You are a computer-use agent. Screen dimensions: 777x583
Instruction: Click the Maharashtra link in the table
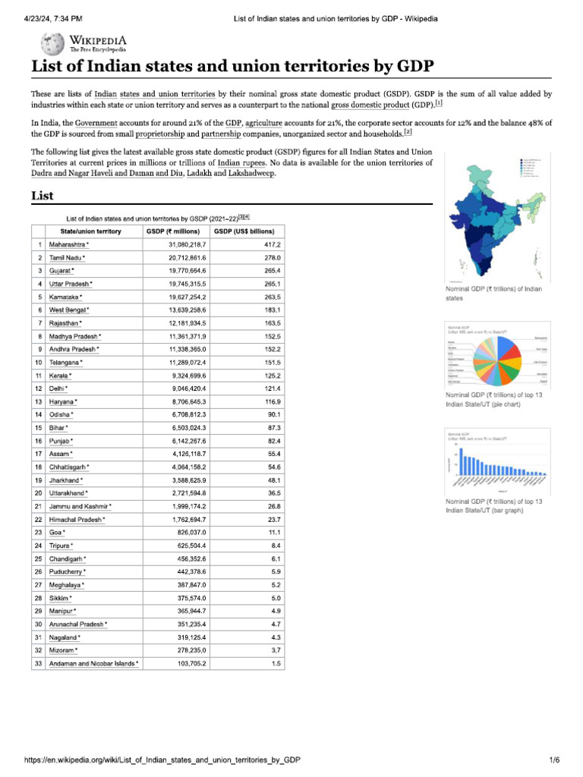pyautogui.click(x=68, y=245)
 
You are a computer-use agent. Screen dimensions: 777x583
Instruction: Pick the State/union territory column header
pyautogui.click(x=84, y=231)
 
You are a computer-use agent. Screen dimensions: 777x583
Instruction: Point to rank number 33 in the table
pyautogui.click(x=37, y=663)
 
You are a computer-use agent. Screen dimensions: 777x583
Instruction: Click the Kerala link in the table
pyautogui.click(x=59, y=376)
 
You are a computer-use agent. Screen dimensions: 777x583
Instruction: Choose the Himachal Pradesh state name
pyautogui.click(x=76, y=520)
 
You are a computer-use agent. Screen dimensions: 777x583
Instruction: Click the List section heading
pyautogui.click(x=42, y=196)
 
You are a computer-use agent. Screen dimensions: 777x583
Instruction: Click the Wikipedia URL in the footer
pyautogui.click(x=162, y=760)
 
